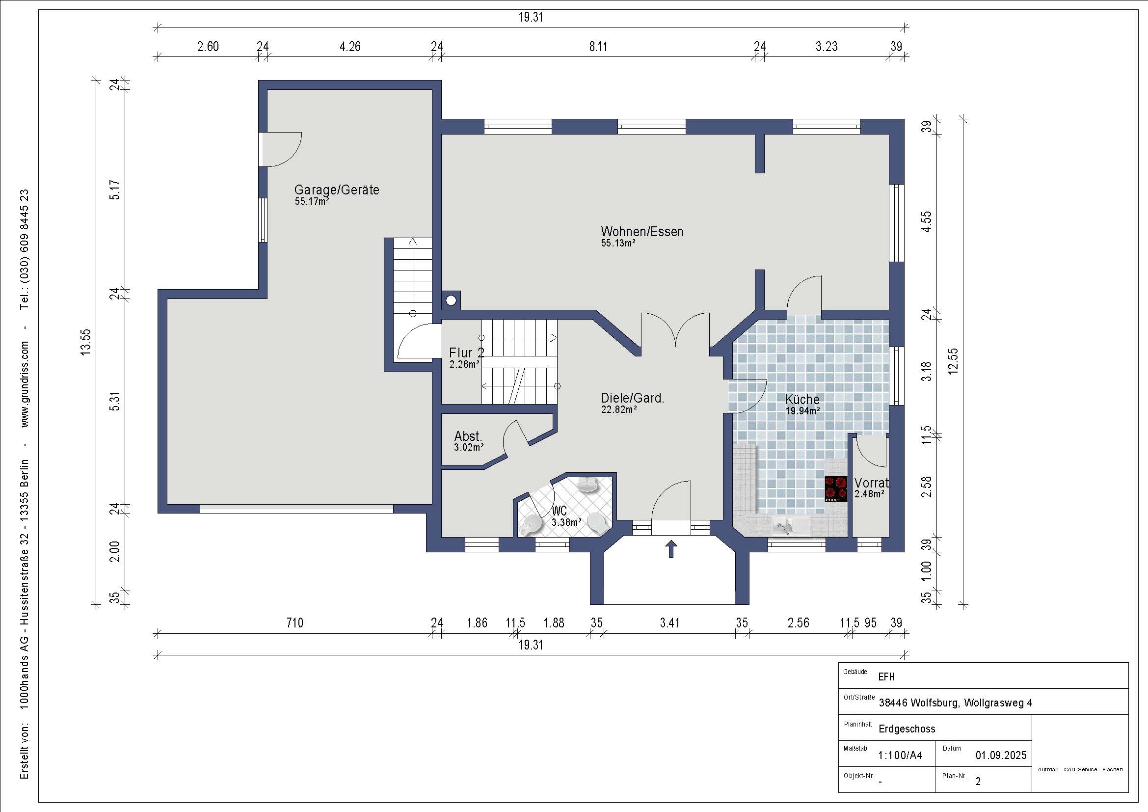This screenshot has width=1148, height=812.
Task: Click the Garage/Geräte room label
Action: (337, 190)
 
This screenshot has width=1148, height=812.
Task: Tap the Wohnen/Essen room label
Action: (642, 232)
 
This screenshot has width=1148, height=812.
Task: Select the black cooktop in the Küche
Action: (836, 488)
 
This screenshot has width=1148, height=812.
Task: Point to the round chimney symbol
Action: (451, 300)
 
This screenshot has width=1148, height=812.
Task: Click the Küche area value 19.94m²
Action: (802, 411)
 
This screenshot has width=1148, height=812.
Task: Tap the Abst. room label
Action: (468, 436)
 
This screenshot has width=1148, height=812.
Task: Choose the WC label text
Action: (560, 511)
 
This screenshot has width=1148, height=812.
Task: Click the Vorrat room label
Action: (872, 483)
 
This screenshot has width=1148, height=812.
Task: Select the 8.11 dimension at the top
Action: (598, 47)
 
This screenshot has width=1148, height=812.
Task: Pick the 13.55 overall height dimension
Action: (86, 342)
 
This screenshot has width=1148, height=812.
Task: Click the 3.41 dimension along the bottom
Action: (669, 623)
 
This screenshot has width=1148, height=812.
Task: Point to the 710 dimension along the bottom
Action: (294, 623)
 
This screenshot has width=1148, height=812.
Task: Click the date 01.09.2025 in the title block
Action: (1001, 755)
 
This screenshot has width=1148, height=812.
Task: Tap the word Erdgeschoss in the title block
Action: (907, 729)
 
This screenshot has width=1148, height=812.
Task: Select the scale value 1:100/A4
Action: (900, 755)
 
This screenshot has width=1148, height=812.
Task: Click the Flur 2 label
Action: (466, 352)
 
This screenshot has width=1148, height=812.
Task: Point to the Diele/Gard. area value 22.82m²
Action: (619, 409)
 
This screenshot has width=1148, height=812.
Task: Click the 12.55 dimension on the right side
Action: (953, 360)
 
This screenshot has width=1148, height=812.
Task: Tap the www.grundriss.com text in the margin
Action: (25, 384)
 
